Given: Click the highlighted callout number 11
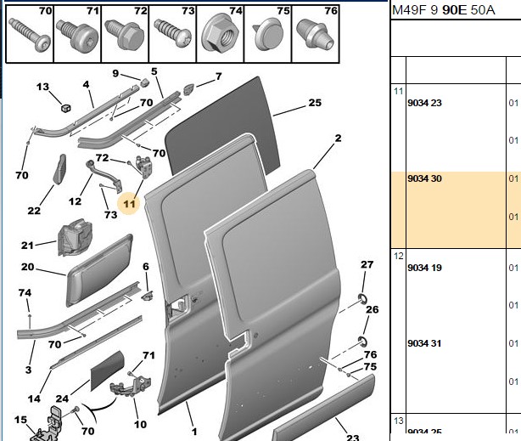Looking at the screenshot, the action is click(129, 204).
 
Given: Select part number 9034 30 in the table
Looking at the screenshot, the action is click(424, 178).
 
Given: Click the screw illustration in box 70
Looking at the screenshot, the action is click(30, 34).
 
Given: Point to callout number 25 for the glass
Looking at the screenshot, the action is click(315, 103).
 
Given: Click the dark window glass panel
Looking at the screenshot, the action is click(223, 126).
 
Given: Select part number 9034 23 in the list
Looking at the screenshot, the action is click(424, 103).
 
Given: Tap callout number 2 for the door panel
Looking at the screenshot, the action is click(338, 138).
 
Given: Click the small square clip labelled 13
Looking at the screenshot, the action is click(66, 108).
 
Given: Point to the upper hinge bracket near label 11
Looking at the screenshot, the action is click(143, 167).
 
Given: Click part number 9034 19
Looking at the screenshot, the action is click(424, 268).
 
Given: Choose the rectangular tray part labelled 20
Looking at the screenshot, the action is click(99, 269).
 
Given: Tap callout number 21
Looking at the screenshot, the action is click(27, 246).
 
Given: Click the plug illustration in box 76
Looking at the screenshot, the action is click(315, 34).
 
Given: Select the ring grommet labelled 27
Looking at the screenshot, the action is click(362, 298).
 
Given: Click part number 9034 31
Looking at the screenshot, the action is click(424, 343).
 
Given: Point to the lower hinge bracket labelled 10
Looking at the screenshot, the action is click(131, 386).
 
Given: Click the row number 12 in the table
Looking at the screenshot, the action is click(399, 256).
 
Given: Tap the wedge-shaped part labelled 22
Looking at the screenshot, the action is click(59, 169).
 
